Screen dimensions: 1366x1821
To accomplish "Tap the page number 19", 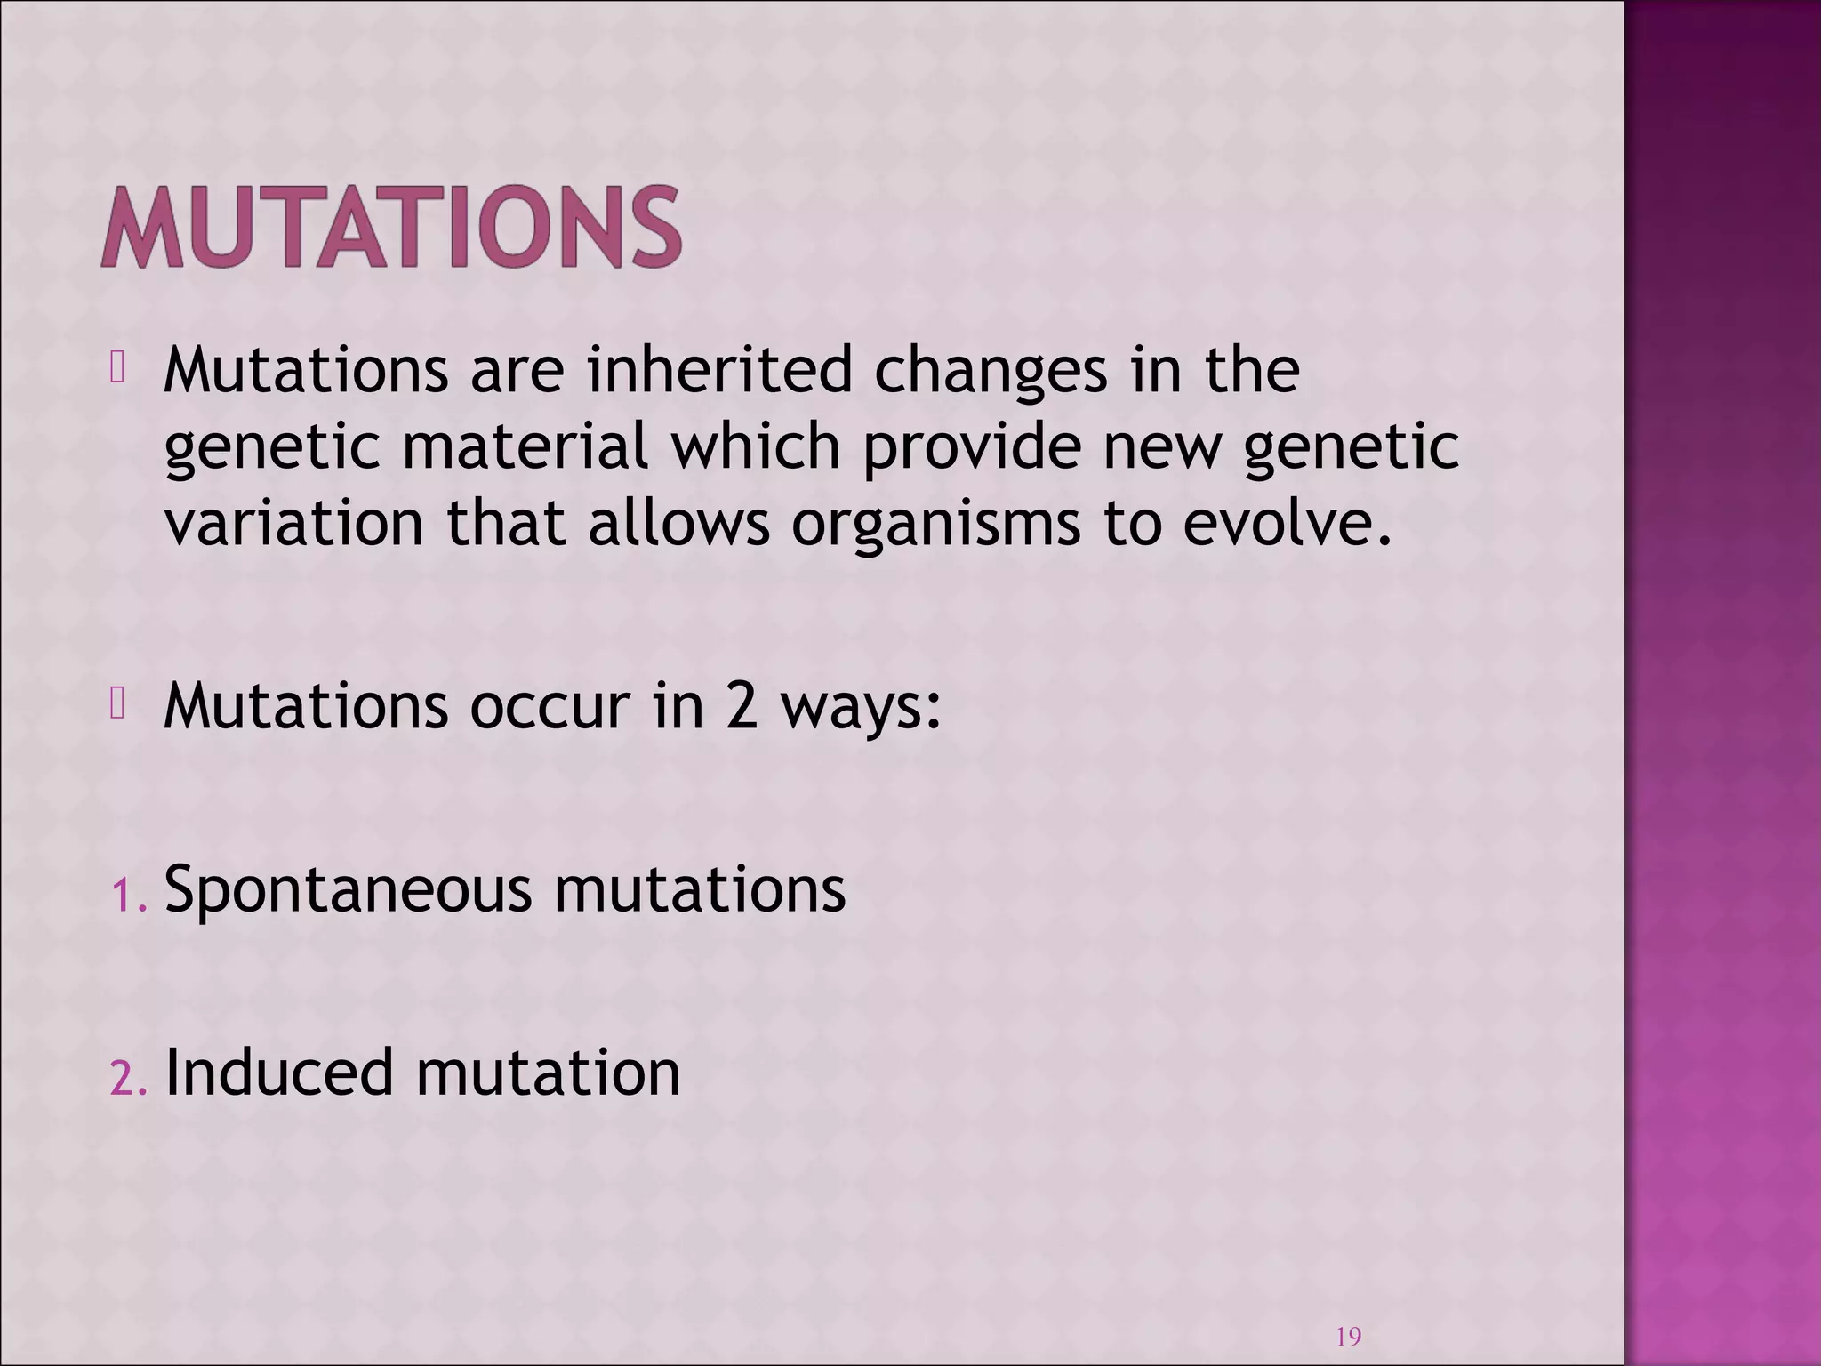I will [x=1348, y=1337].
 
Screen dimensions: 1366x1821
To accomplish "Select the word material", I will [x=525, y=446].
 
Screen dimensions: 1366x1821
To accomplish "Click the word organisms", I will [x=935, y=525].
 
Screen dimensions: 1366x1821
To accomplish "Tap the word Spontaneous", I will [x=348, y=889].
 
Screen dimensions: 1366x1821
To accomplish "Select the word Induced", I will [x=278, y=1073].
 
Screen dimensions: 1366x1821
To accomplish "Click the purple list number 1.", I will [x=124, y=896].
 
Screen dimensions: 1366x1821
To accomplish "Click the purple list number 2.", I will [x=124, y=1079].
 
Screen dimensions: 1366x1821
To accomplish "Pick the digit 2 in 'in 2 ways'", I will [x=741, y=707].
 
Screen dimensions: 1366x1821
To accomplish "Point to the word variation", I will [x=294, y=523].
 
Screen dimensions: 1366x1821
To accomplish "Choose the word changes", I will [x=991, y=372].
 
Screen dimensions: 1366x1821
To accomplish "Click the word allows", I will [x=678, y=523].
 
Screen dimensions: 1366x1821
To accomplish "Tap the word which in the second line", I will [x=755, y=446].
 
